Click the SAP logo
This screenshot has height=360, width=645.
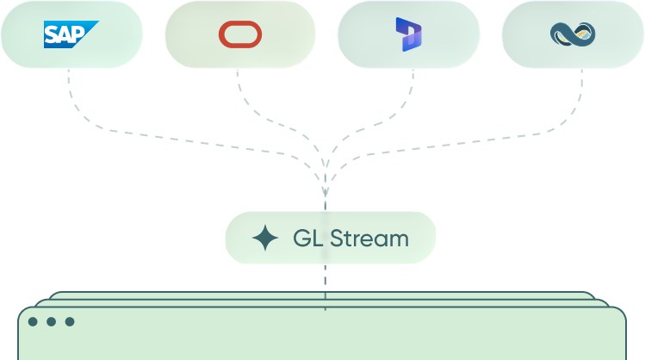pyautogui.click(x=71, y=34)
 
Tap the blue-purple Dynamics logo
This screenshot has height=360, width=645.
pyautogui.click(x=408, y=34)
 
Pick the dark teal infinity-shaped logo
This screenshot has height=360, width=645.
pyautogui.click(x=573, y=34)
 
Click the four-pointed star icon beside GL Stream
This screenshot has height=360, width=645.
pyautogui.click(x=265, y=238)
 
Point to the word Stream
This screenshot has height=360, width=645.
pyautogui.click(x=369, y=239)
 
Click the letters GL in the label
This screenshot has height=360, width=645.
pyautogui.click(x=307, y=239)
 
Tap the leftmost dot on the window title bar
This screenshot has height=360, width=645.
pyautogui.click(x=33, y=321)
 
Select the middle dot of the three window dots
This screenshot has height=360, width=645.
pyautogui.click(x=52, y=321)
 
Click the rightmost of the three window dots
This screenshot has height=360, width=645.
pyautogui.click(x=70, y=321)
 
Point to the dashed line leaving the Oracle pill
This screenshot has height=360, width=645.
pyautogui.click(x=288, y=127)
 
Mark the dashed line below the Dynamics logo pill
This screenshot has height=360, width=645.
pyautogui.click(x=362, y=128)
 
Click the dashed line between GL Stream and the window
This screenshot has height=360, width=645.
pyautogui.click(x=325, y=287)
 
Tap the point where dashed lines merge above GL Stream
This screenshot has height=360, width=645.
pyautogui.click(x=325, y=192)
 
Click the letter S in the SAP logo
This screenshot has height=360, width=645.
pyautogui.click(x=52, y=34)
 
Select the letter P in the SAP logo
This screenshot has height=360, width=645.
pyautogui.click(x=78, y=34)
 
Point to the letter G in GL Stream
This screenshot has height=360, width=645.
pyautogui.click(x=301, y=239)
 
